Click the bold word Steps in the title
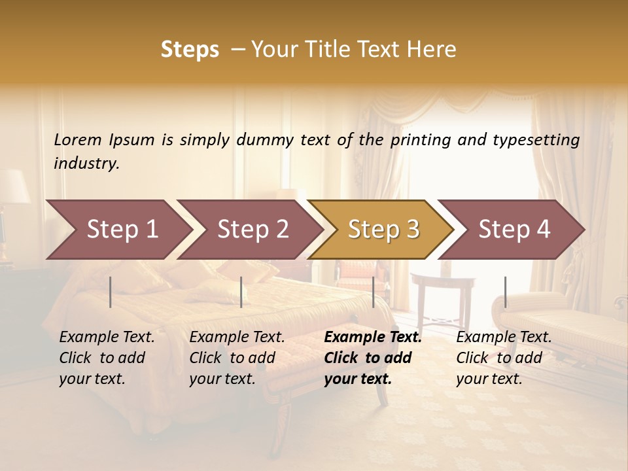coord(190,50)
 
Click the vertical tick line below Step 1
coord(111,292)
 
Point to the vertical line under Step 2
coord(241,292)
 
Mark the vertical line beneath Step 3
coord(373,292)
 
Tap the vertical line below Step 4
coord(505,292)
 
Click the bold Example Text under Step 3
coord(373,338)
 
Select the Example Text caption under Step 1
coord(107,338)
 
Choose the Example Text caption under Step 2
coord(237,338)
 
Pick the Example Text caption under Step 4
coord(504,338)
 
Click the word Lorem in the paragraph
coord(78,139)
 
